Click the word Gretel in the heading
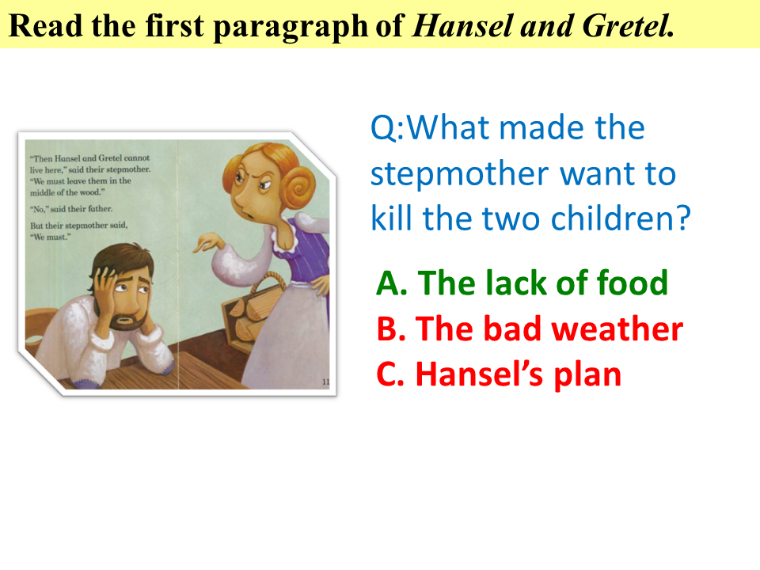click(628, 25)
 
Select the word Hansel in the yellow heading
click(462, 25)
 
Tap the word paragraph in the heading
click(291, 26)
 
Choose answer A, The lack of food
click(522, 283)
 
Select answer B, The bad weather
click(530, 329)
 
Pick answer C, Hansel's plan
click(499, 374)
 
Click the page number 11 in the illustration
click(325, 382)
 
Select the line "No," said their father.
click(71, 209)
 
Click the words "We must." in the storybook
click(51, 237)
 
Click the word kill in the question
click(391, 218)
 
